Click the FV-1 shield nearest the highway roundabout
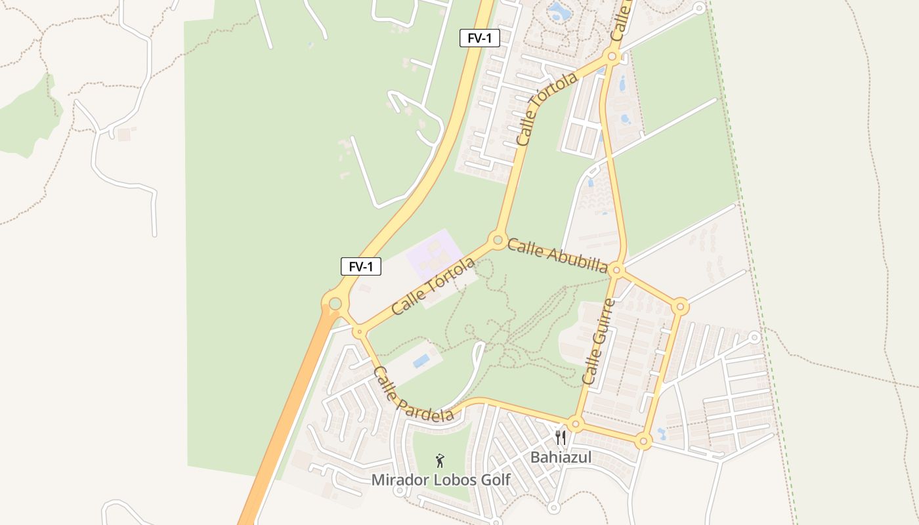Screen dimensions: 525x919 [361, 266]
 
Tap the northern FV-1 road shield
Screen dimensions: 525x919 [479, 38]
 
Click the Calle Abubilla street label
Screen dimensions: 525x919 [557, 255]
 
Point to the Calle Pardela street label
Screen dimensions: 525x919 [413, 394]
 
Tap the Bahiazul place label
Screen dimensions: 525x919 [561, 457]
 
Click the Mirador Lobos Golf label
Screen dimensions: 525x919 [440, 480]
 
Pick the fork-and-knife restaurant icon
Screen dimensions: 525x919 [560, 438]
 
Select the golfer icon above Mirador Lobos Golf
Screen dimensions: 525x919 [440, 461]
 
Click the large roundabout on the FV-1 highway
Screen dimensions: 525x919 [335, 303]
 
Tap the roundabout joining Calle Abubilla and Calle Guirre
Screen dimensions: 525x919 [616, 270]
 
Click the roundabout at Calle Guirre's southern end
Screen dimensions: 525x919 [576, 424]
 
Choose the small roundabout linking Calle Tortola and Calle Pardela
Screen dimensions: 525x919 [358, 332]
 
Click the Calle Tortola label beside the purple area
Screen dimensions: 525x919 [433, 285]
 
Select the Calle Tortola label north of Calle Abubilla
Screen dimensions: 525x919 [546, 108]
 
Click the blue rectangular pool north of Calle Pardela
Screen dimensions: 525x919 [421, 361]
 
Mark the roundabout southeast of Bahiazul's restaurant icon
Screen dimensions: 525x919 [643, 441]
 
